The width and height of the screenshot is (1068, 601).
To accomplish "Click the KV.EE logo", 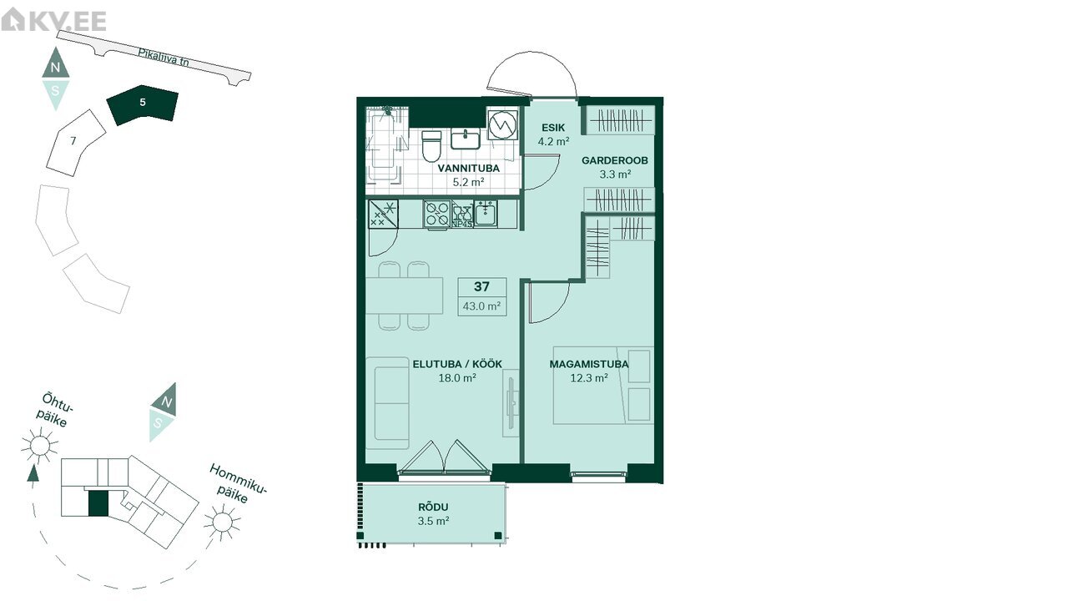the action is click(x=53, y=20).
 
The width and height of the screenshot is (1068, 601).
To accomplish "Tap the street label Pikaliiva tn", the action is click(x=163, y=58).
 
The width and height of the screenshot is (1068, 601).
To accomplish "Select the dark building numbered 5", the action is click(x=142, y=105).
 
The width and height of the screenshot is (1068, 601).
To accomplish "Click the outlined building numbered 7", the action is click(x=75, y=143).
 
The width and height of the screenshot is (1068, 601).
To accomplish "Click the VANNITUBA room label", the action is click(x=469, y=168).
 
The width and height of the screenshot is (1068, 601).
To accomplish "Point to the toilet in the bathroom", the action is click(x=431, y=146).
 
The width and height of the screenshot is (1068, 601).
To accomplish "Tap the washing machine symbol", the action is click(x=502, y=124).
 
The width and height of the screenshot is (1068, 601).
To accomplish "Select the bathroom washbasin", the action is click(x=466, y=139).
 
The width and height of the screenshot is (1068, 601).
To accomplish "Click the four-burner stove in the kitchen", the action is click(x=436, y=214).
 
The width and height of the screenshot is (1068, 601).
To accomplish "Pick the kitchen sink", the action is click(x=486, y=213).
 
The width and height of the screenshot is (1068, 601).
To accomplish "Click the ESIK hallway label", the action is click(x=553, y=128).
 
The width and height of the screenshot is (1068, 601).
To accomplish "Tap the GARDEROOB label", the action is click(x=615, y=160).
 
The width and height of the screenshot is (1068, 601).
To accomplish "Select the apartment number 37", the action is click(x=481, y=286).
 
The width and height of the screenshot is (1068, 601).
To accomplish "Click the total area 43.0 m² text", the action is click(x=481, y=306).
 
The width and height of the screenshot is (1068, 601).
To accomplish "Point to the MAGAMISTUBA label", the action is click(x=589, y=364).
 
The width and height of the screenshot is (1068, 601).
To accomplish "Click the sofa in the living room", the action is click(x=388, y=403).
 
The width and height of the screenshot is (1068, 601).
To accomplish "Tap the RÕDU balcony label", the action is click(x=433, y=507).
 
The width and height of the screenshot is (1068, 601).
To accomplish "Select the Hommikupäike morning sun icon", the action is click(x=222, y=522).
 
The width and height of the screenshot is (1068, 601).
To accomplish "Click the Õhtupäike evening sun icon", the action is click(x=39, y=445).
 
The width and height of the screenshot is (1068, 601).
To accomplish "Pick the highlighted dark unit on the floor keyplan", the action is click(x=98, y=503).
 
